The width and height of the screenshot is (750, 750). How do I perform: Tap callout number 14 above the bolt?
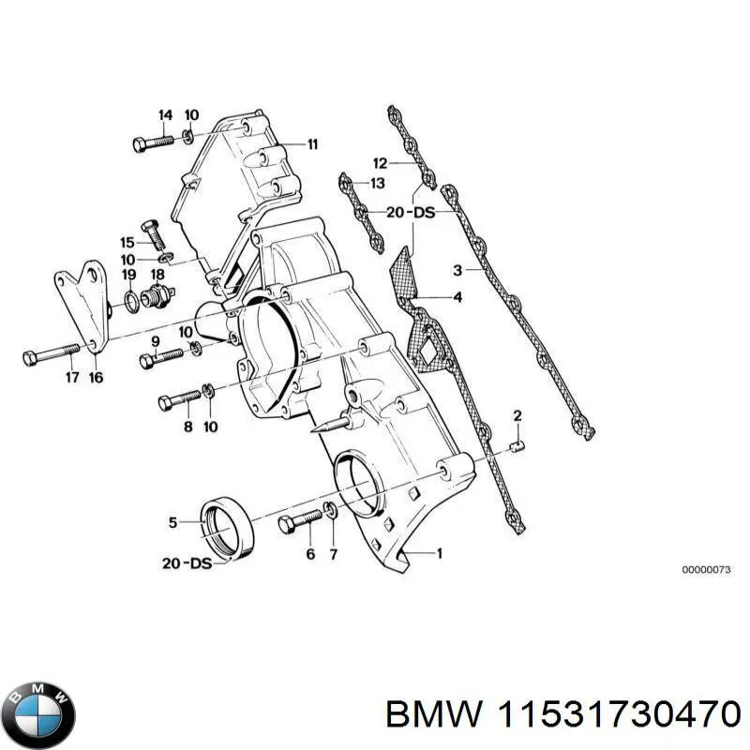(165, 115)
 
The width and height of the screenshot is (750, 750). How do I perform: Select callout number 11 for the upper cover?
(312, 144)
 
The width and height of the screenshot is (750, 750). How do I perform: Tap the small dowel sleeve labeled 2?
(517, 446)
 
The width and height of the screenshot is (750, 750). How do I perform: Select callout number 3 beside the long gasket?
(457, 272)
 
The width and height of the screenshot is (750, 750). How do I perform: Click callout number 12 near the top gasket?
(380, 161)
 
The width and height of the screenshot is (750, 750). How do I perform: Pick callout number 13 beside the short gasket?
(378, 183)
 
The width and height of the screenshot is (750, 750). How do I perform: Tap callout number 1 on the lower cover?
(439, 553)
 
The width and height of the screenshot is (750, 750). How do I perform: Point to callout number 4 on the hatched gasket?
(457, 298)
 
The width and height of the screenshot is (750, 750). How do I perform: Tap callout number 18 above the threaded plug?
(157, 274)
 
